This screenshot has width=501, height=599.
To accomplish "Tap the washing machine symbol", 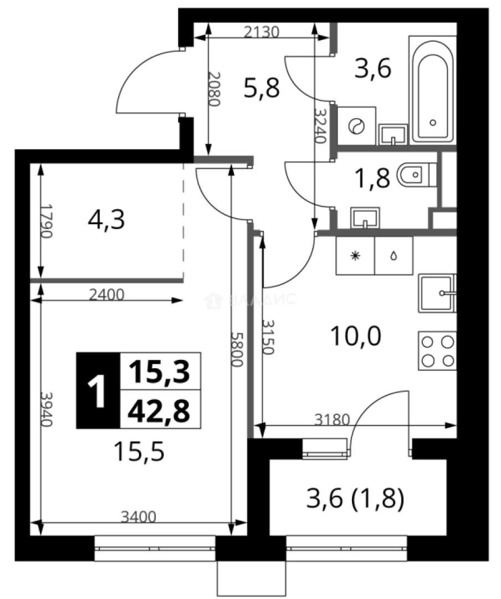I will click(x=355, y=126).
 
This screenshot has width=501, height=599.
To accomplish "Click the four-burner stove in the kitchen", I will click(x=437, y=351).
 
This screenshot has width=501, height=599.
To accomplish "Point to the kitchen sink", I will click(x=437, y=292).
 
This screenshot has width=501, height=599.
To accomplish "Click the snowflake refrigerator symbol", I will click(x=355, y=256).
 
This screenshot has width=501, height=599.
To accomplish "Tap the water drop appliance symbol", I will click(x=393, y=256).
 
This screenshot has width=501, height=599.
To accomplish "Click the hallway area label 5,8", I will click(x=262, y=87).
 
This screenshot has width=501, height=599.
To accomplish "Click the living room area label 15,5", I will click(x=139, y=452).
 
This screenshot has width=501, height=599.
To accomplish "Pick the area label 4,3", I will click(x=106, y=220).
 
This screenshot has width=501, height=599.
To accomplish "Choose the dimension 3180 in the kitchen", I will click(x=332, y=420).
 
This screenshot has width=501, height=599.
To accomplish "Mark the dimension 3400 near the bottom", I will click(x=139, y=517).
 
